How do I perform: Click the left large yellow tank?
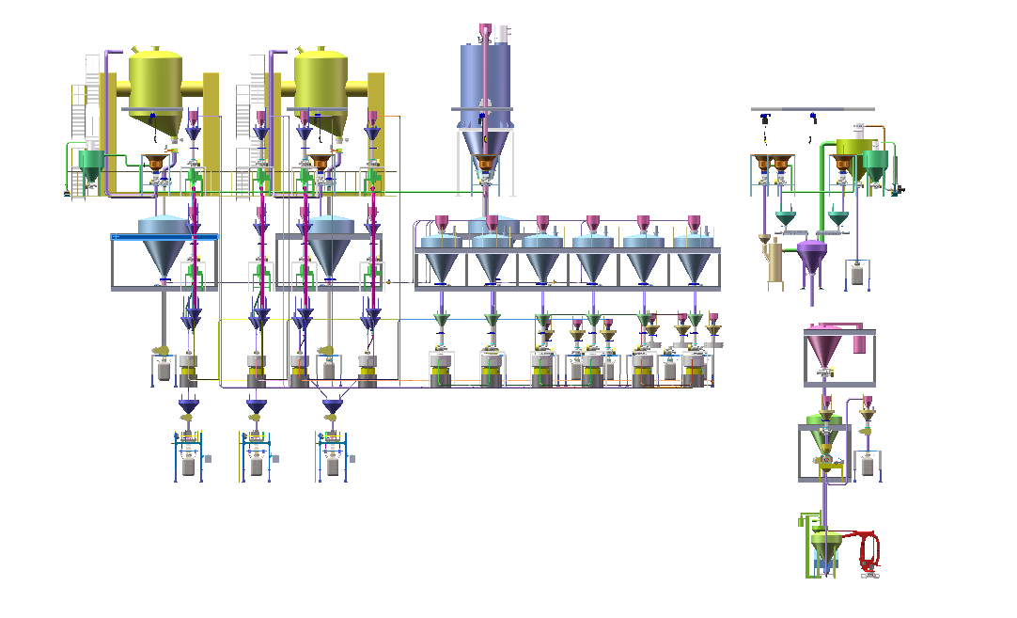point(155,82)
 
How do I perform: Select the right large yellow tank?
point(321,82)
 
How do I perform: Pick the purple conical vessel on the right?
point(811,255)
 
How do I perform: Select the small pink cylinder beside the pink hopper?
point(859,341)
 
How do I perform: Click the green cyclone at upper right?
point(875,166)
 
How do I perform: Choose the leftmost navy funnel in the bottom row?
point(189,406)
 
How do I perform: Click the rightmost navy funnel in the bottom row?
point(332,406)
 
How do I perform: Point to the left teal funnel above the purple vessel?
point(786,219)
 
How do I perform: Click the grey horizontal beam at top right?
point(813,109)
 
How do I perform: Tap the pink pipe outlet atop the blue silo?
point(485,31)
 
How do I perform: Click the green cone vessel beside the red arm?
point(826,543)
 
